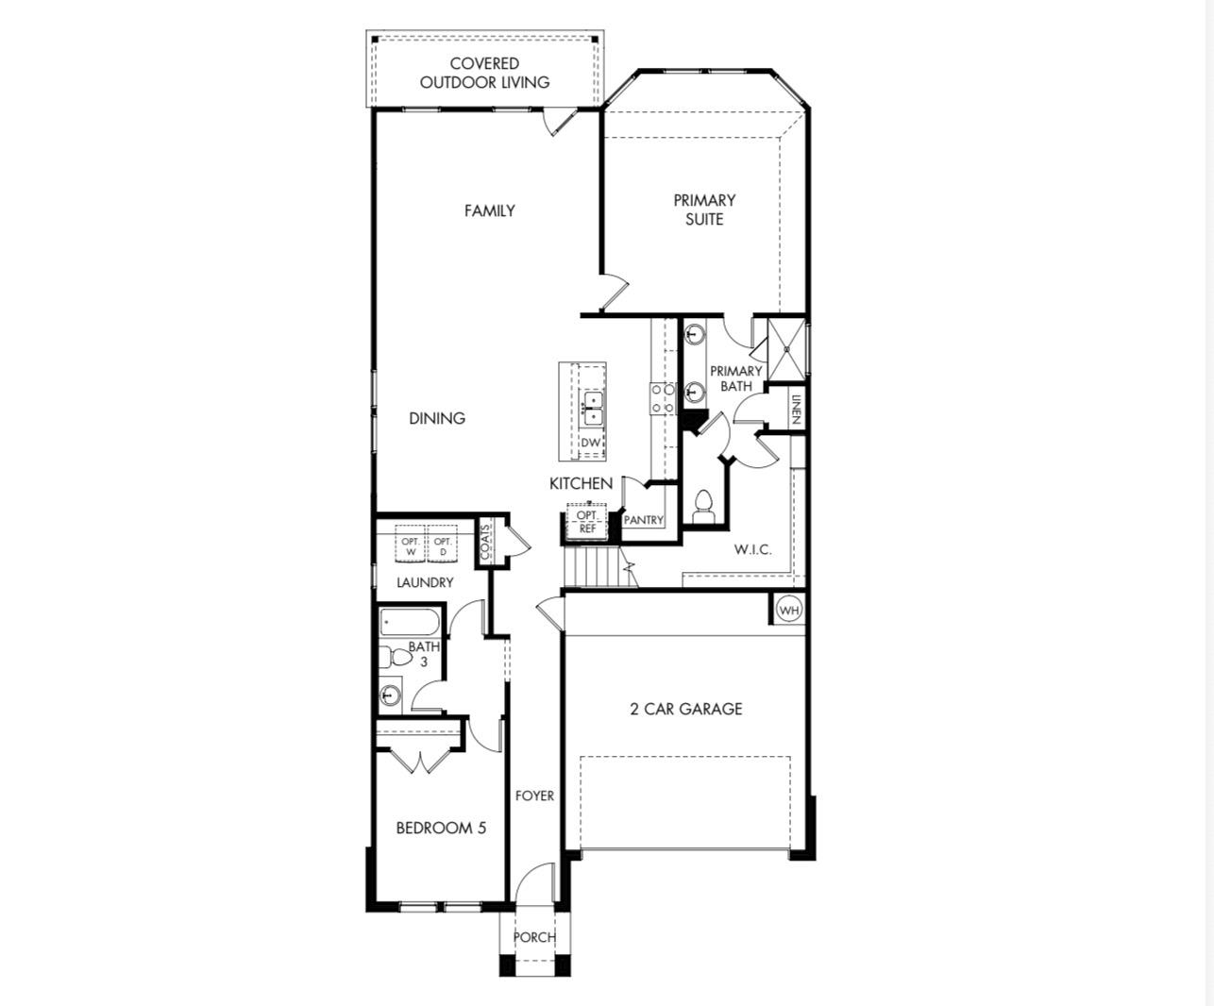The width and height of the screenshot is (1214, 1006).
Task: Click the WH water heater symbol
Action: click(789, 611)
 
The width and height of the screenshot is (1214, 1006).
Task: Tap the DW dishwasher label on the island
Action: click(591, 443)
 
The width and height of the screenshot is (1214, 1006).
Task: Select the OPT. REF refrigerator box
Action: click(587, 522)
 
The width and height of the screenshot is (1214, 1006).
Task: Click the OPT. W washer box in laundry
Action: click(411, 545)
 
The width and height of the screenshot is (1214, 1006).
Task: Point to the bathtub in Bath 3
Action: click(410, 623)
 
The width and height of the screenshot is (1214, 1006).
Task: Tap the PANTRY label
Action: click(644, 520)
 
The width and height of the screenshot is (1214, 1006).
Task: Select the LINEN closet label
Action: click(796, 409)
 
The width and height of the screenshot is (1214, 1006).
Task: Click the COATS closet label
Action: click(485, 542)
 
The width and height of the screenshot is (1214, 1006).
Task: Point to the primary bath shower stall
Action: click(785, 347)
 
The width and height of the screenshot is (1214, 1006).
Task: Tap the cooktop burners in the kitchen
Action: click(662, 397)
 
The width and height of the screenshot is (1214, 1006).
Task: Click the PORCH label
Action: click(534, 937)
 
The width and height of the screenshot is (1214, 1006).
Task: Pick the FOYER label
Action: click(534, 796)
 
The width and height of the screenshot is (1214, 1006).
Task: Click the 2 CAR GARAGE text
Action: click(685, 709)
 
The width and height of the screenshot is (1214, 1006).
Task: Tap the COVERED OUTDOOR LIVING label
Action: click(484, 73)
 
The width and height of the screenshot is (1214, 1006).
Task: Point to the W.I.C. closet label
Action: click(752, 549)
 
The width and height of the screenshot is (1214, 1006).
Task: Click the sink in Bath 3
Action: click(391, 696)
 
